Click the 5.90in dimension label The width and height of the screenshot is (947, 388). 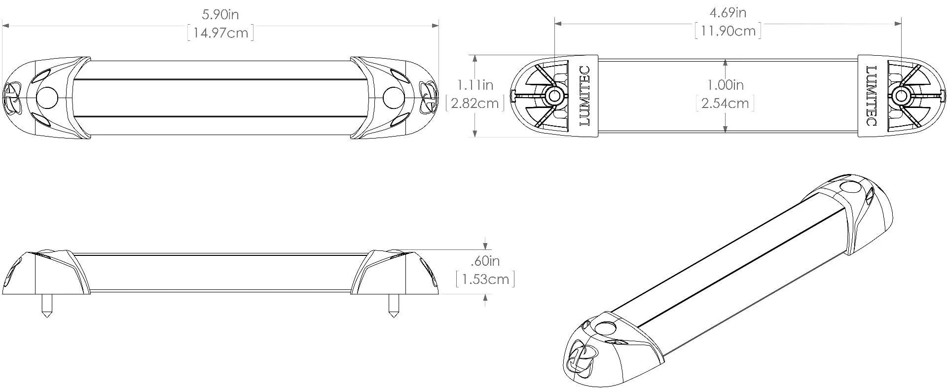point(220,14)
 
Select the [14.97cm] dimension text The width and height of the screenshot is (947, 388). point(220,33)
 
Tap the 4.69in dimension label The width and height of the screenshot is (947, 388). point(728,12)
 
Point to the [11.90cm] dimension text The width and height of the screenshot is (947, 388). point(728,31)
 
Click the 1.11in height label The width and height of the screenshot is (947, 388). point(475,85)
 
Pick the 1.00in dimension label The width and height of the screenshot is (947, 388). point(726,85)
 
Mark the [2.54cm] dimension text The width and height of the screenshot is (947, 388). point(726,104)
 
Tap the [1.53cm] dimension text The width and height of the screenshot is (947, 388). point(485,280)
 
